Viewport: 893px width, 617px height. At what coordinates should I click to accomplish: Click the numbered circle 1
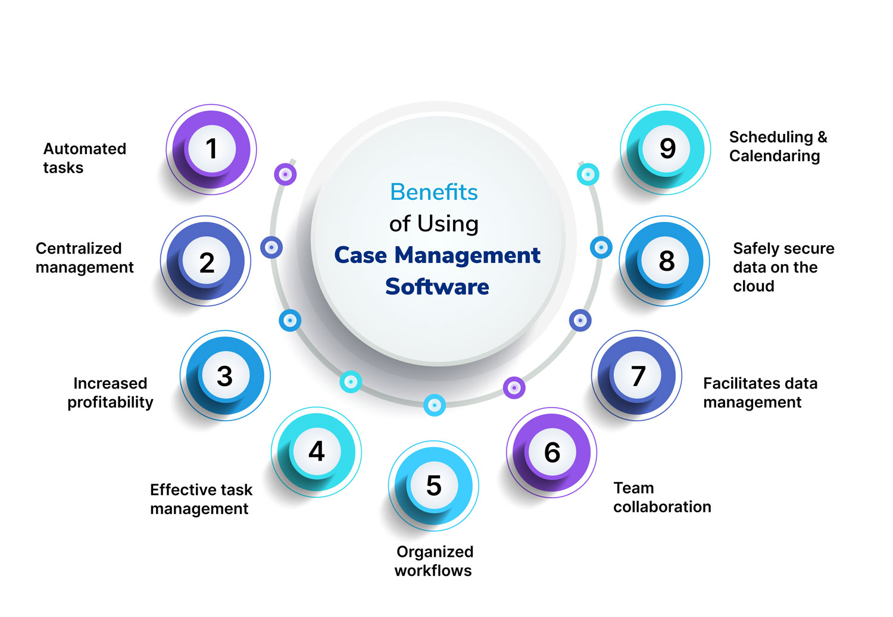(211, 149)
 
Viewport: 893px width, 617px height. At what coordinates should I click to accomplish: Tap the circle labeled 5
(433, 486)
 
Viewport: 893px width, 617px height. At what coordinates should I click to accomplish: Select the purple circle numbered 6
(552, 452)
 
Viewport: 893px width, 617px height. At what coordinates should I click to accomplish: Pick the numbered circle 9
(667, 148)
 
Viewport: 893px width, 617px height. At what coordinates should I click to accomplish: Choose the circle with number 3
(224, 375)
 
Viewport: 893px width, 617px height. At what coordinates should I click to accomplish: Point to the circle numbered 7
(638, 375)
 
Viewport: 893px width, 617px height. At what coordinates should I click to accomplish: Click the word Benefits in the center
(434, 192)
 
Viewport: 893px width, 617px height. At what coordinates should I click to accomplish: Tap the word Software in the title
(437, 287)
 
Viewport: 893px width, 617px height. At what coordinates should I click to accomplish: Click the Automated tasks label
(85, 158)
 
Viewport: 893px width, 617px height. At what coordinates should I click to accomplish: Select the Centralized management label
(85, 258)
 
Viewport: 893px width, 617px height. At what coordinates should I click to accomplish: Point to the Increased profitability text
(110, 393)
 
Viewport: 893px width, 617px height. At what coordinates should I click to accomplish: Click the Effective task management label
(201, 499)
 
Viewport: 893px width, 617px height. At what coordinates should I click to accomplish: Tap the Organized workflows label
(434, 561)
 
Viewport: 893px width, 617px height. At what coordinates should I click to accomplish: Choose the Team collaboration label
(662, 497)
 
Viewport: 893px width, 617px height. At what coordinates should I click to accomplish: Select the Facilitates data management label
(760, 393)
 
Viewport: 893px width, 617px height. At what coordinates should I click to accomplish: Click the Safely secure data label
(783, 267)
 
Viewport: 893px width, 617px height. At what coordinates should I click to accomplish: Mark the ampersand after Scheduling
(822, 137)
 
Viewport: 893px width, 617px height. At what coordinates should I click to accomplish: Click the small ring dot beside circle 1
(285, 174)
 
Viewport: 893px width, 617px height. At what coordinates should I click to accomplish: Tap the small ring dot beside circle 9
(588, 174)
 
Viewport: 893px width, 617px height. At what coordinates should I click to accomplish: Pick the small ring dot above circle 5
(435, 405)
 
